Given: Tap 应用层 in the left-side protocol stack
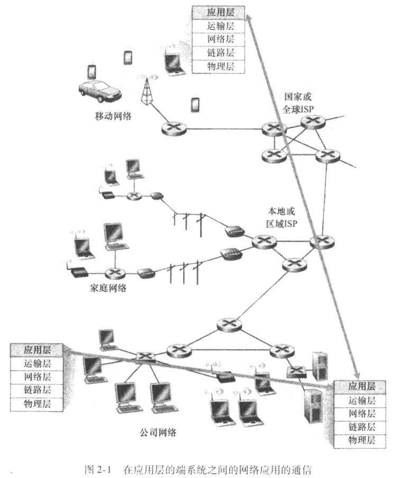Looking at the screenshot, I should [37, 349].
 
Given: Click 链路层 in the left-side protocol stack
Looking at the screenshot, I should [37, 390].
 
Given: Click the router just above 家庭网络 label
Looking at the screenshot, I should [114, 273].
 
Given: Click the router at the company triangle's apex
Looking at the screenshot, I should [228, 323].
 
